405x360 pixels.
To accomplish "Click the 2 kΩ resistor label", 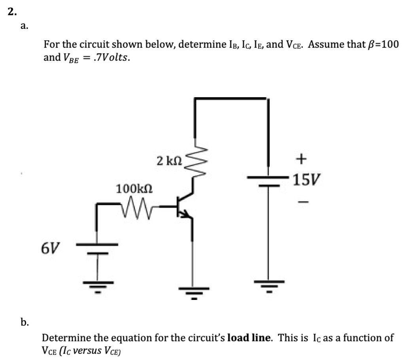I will [x=169, y=161].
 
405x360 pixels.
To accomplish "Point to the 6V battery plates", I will [x=97, y=248].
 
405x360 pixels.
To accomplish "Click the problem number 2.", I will [x=12, y=12].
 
